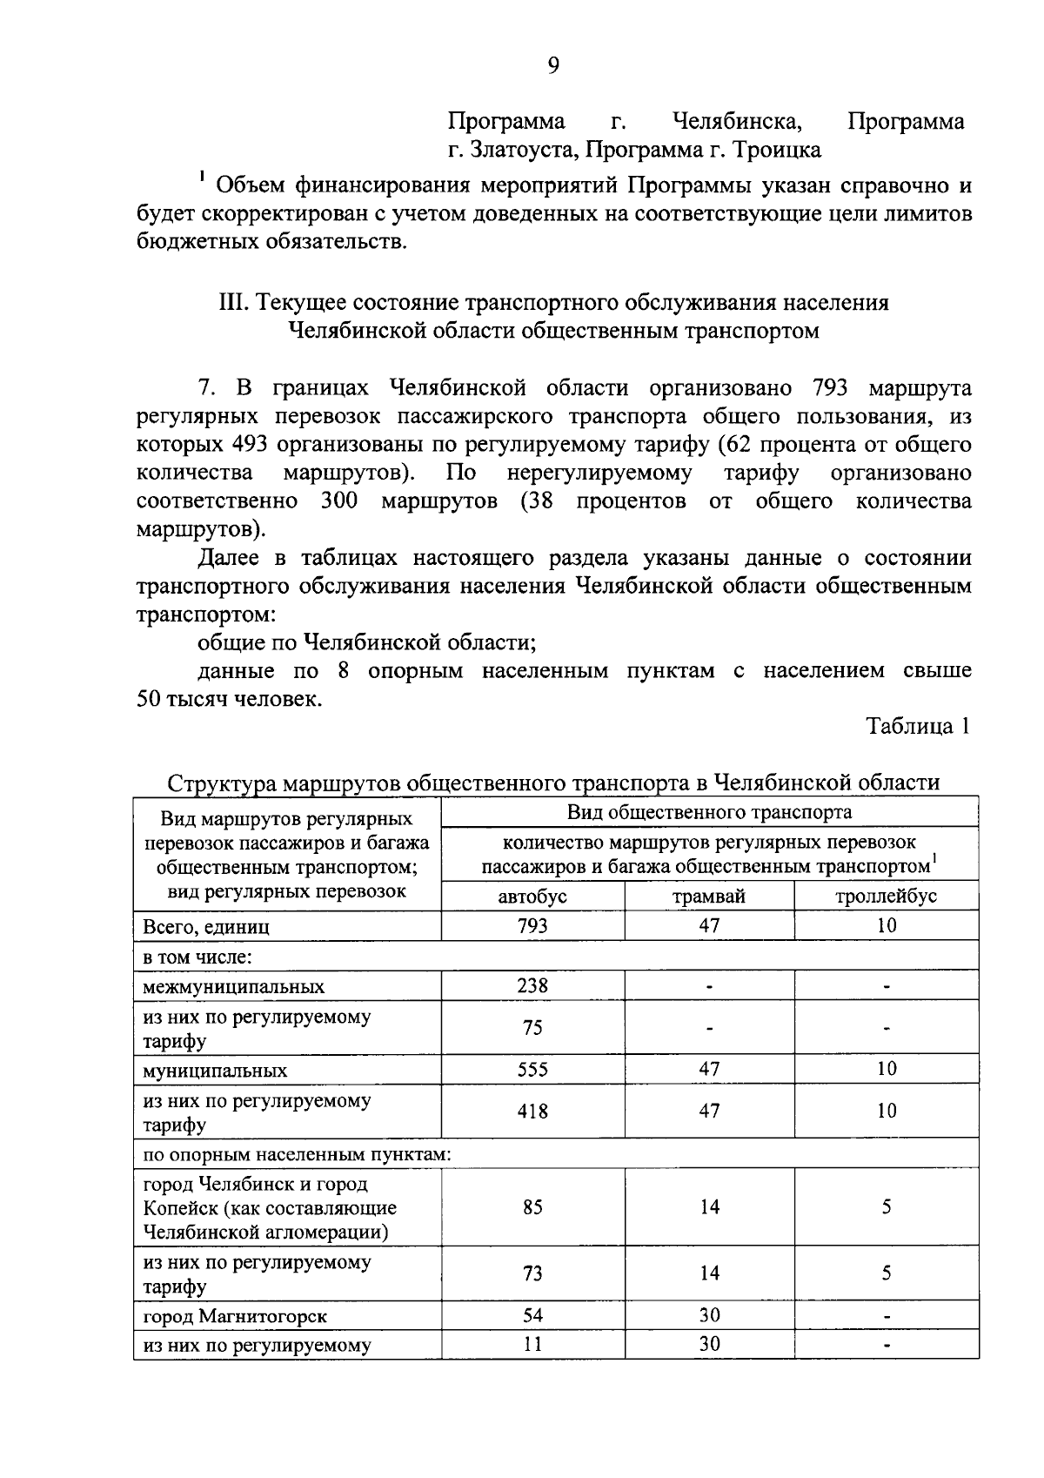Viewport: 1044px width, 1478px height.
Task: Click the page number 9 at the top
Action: [553, 66]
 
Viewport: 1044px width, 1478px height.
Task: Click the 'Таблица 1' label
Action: [917, 726]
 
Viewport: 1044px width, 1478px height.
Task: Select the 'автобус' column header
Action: [532, 896]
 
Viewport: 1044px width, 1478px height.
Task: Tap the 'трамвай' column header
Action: [709, 896]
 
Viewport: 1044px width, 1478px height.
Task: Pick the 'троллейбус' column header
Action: [886, 896]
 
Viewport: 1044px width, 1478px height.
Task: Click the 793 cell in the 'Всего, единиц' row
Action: [532, 926]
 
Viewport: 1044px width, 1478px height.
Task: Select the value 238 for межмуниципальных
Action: [532, 985]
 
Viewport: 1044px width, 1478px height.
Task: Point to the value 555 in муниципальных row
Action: [532, 1069]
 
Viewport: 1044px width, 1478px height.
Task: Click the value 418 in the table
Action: [532, 1111]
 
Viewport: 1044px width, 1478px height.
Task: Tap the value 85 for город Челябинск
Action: [532, 1207]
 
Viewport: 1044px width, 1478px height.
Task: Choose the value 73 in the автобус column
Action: [532, 1273]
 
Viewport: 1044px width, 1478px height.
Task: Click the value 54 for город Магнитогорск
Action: [532, 1315]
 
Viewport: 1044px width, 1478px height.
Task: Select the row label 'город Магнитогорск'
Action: [235, 1316]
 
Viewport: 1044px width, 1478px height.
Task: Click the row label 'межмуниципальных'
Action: [234, 987]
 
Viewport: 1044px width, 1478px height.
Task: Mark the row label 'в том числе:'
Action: [197, 957]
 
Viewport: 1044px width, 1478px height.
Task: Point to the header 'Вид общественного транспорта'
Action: [709, 812]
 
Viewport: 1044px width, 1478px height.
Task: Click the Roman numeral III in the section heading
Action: [231, 303]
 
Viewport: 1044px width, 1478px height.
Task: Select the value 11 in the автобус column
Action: [532, 1344]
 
